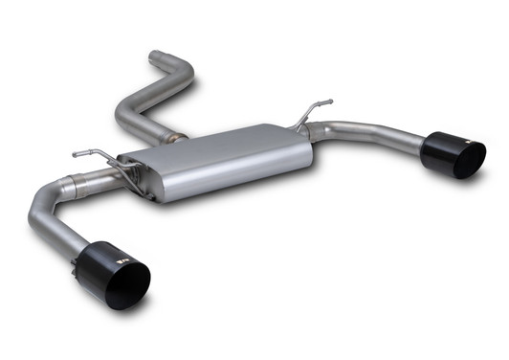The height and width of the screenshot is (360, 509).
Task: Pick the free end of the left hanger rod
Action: coord(76,151)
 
